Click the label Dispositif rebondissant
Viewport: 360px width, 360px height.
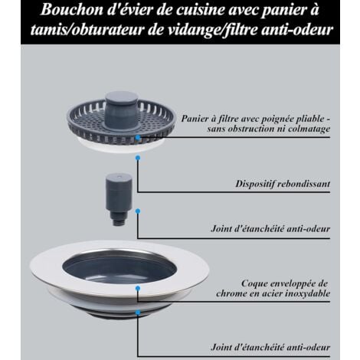coord(286,184)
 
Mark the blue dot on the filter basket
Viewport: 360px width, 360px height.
coord(137,139)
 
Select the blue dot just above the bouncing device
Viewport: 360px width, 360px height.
coord(138,158)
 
